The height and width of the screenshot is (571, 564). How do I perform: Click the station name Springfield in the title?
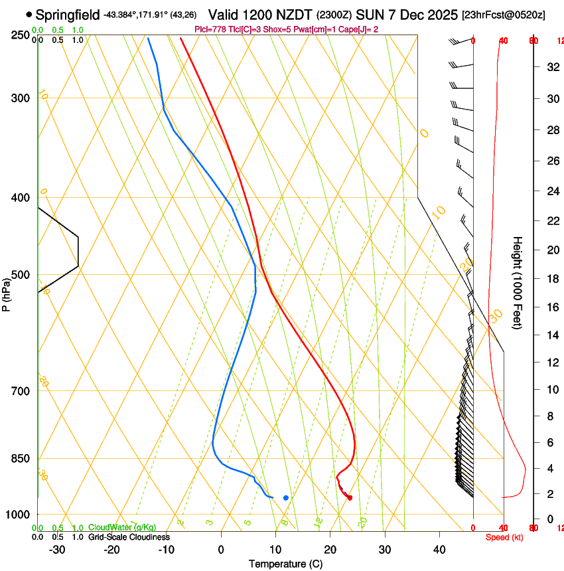(x=68, y=14)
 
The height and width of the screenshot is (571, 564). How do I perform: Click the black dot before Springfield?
(x=29, y=14)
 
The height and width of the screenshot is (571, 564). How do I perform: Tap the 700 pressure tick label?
(x=21, y=391)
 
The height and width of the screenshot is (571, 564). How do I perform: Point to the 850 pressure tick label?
(x=21, y=459)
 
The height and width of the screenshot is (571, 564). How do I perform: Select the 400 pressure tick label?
(x=21, y=198)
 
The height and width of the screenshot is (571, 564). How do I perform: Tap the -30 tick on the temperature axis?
(x=57, y=550)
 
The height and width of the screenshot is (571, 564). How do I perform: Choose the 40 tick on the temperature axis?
(x=439, y=550)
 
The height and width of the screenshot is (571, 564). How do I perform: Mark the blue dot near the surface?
(x=286, y=497)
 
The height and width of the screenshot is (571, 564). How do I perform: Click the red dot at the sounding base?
(x=350, y=497)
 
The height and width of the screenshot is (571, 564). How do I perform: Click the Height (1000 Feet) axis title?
(x=518, y=282)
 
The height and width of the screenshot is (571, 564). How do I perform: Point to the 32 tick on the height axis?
(x=551, y=67)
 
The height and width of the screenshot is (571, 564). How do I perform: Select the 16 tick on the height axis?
(x=551, y=307)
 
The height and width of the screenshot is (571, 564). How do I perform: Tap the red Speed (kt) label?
(x=504, y=537)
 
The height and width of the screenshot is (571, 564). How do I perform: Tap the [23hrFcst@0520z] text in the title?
(x=504, y=15)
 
